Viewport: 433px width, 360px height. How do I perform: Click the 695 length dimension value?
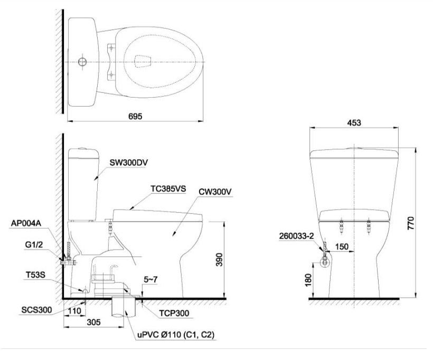coord(135,116)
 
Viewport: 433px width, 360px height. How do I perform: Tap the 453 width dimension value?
coord(354,122)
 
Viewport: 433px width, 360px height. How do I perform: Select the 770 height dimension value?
coord(411,223)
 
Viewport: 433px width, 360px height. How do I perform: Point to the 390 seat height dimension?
coord(219,260)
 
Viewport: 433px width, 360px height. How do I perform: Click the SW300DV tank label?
coord(129,163)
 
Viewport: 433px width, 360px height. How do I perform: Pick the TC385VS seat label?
coord(168,189)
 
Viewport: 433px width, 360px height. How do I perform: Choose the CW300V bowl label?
coord(215,192)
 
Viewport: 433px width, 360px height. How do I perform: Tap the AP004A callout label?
coord(26,223)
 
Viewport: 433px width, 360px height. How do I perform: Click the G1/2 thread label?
coord(34,244)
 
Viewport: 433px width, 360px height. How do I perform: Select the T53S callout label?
coord(35,275)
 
